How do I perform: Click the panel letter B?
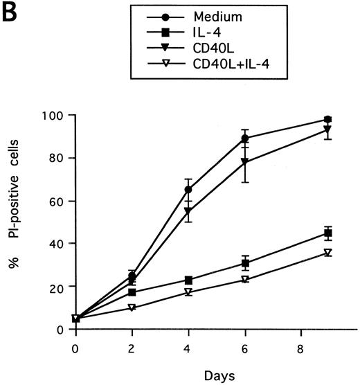[12, 12]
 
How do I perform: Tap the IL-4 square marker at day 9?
[328, 233]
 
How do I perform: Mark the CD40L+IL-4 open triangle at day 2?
[132, 307]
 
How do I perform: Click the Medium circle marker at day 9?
[328, 119]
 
